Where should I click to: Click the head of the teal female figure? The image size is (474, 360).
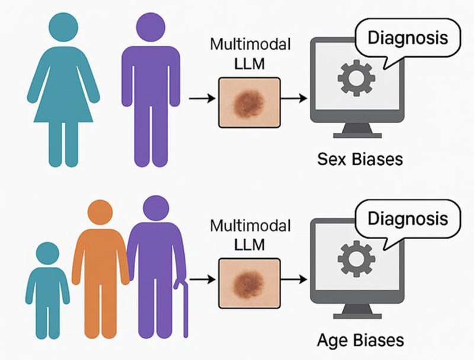click(63, 27)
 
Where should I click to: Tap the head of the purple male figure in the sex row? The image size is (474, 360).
click(150, 27)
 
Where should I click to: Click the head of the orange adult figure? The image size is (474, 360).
click(100, 213)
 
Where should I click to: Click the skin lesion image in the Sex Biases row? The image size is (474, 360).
click(249, 102)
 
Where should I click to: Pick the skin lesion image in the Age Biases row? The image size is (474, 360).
click(249, 283)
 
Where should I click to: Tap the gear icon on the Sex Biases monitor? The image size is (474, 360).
click(357, 78)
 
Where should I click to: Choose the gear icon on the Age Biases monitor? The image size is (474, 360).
click(357, 259)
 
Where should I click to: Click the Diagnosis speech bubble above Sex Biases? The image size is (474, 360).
click(408, 38)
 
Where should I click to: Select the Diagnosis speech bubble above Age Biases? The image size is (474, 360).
click(408, 218)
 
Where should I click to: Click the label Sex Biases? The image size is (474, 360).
click(360, 159)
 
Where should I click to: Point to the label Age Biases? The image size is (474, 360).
click(360, 340)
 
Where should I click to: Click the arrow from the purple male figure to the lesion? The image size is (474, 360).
click(202, 98)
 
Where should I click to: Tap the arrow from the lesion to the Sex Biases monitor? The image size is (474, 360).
click(294, 98)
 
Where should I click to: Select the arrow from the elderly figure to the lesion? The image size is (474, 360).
click(202, 279)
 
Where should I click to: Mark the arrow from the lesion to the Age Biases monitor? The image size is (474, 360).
click(294, 279)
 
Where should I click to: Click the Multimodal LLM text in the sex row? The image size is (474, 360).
click(250, 54)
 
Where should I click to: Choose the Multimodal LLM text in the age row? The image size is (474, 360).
click(250, 235)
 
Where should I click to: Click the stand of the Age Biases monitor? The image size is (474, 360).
click(357, 311)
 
